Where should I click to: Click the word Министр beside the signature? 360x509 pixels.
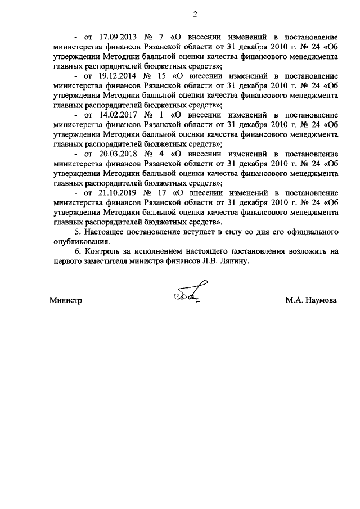(66, 300)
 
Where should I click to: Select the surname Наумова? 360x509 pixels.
(321, 300)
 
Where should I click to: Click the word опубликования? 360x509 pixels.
(78, 241)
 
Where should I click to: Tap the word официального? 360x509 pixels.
(311, 232)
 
